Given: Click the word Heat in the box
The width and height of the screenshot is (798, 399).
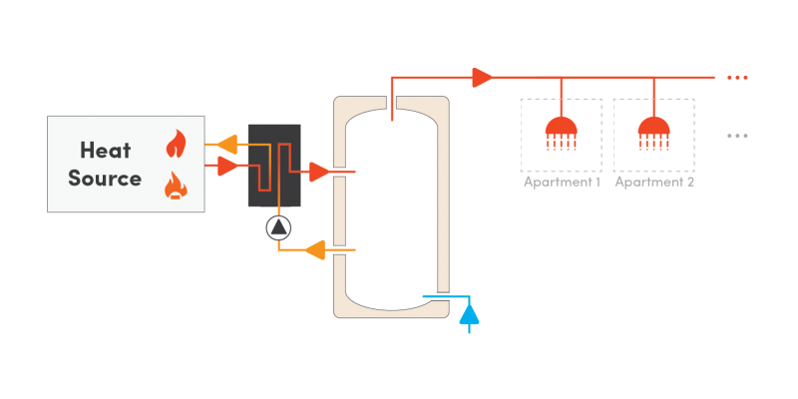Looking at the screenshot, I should point(105,150).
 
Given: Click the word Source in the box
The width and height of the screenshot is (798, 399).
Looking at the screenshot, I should point(105,179).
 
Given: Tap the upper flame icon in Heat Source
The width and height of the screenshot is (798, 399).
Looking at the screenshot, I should point(176,144).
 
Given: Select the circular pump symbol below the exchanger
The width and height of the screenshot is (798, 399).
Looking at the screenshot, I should point(278,227).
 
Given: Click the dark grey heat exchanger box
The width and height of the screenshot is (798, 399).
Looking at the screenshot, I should point(274,166).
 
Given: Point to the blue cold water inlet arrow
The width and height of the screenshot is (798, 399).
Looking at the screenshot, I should point(469,314).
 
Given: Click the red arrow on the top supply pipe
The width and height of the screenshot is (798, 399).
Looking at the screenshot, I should point(483,77).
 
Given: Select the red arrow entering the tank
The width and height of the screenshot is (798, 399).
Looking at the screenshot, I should point(318,173).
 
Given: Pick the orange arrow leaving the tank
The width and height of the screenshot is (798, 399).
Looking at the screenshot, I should point(316,249).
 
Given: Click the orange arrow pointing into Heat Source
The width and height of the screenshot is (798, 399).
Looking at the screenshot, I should point(226,145).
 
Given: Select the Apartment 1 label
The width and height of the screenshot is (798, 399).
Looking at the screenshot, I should point(562,183).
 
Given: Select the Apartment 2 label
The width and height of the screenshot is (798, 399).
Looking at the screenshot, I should point(654,183).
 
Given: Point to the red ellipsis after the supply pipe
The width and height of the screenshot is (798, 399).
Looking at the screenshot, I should point(737,77).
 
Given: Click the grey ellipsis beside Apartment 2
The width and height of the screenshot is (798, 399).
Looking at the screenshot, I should point(737,135).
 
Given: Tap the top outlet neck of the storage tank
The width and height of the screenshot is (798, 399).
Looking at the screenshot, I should point(391,102).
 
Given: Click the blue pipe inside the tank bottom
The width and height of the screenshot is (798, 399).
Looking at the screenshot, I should point(437,296).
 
